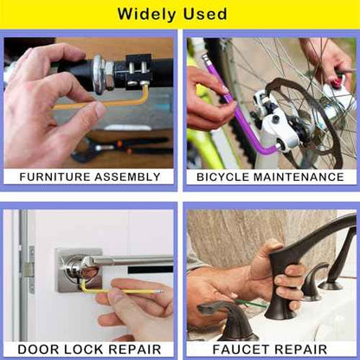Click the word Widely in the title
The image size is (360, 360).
point(147,14)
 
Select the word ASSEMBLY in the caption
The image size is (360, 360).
point(127,177)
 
